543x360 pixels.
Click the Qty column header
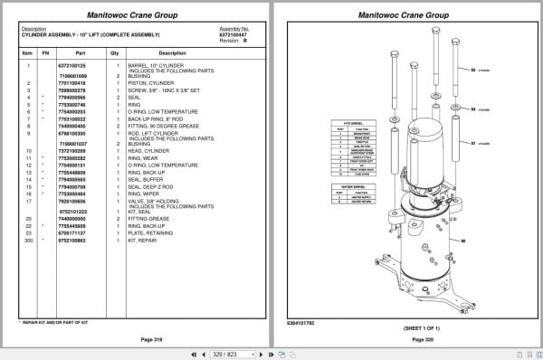point(115,52)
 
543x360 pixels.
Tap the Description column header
point(172,52)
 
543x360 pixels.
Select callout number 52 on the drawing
point(472,68)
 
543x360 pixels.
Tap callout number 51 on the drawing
point(472,142)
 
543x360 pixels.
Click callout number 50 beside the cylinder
point(462,242)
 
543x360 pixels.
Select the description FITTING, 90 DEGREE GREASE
point(159,126)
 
